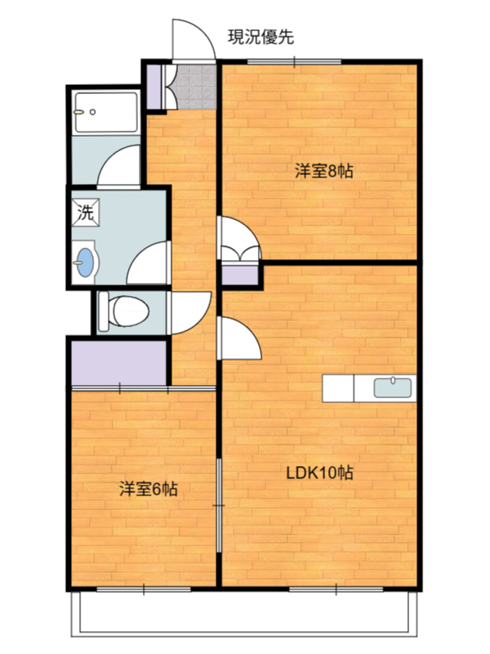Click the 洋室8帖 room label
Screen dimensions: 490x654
(x=324, y=171)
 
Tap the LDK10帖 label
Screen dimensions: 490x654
(x=320, y=473)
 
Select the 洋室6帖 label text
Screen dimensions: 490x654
(x=149, y=488)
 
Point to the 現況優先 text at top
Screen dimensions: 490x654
(x=261, y=37)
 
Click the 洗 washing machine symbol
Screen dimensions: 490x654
(x=86, y=213)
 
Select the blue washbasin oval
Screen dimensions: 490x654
(x=86, y=262)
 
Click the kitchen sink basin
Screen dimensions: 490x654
(x=393, y=387)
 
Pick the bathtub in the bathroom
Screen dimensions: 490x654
(x=106, y=112)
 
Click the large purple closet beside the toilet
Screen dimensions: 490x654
(x=118, y=363)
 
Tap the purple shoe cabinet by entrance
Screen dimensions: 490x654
(x=154, y=87)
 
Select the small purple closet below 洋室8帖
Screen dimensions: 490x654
(x=239, y=275)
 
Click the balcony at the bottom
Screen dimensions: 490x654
(x=244, y=613)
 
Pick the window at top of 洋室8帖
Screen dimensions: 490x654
(x=294, y=62)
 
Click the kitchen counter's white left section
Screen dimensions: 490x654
(x=338, y=388)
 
